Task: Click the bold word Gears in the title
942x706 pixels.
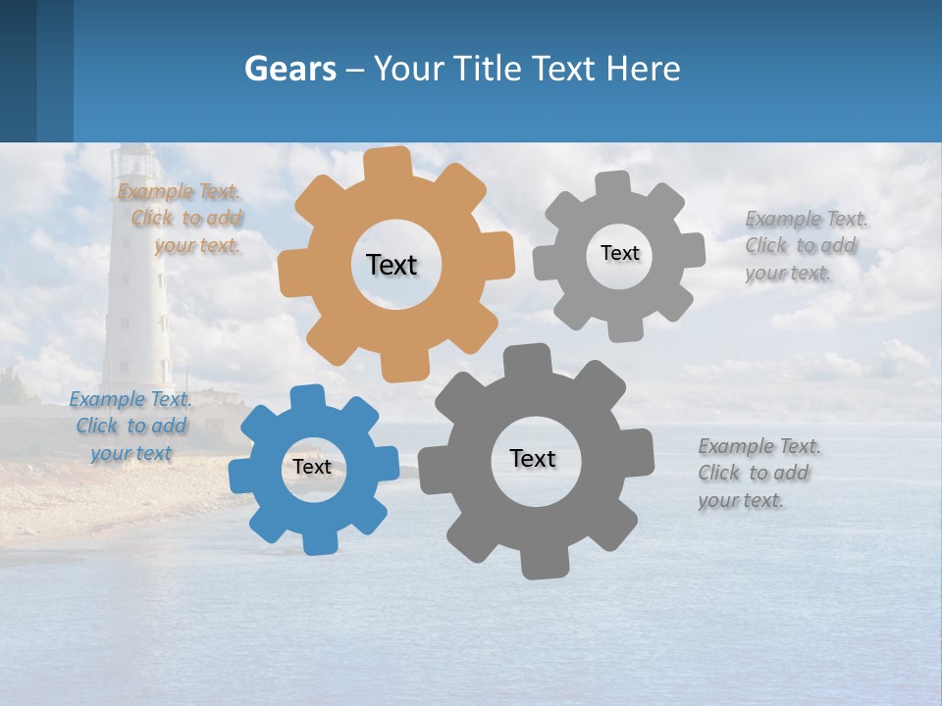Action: [289, 69]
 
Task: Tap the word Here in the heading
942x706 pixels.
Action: [643, 69]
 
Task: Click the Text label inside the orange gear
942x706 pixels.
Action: [392, 265]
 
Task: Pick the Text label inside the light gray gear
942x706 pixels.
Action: [619, 253]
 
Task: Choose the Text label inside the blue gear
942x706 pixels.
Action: [312, 467]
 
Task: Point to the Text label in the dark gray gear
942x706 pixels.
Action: [533, 458]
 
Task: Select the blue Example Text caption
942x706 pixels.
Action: [131, 426]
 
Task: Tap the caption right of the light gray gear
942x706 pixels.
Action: [806, 245]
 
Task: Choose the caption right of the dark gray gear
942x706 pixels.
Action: [759, 473]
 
